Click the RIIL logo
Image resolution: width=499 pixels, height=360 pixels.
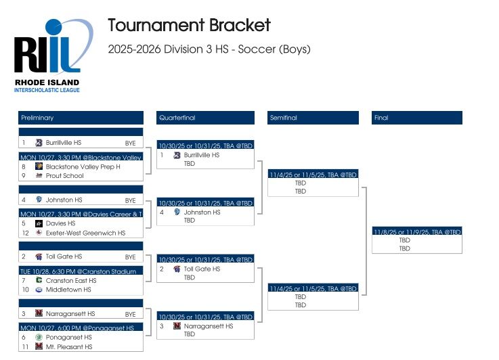coord(52,54)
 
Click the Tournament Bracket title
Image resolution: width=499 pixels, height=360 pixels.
coord(189,26)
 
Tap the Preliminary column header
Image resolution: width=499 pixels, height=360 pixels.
coord(81,118)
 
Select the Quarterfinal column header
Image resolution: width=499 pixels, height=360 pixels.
coord(204,118)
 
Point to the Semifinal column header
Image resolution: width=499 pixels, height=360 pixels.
coord(313,118)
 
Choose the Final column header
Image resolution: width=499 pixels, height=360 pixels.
coord(417,118)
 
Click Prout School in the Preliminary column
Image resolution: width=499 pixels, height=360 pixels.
coord(64,176)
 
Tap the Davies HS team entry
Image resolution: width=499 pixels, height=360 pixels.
coord(60,223)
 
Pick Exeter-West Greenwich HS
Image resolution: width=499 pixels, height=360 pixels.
coord(85,233)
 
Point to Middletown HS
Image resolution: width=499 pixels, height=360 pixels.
coord(68,290)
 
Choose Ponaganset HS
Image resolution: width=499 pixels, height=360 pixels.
coord(68,337)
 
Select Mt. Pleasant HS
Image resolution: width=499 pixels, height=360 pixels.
coord(69,346)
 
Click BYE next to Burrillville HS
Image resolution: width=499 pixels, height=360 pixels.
coord(130,143)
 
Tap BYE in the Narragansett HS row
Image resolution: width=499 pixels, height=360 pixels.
coord(130,314)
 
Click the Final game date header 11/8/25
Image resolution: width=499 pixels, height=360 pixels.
coord(417,231)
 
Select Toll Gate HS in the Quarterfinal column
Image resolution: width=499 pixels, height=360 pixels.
coord(202,269)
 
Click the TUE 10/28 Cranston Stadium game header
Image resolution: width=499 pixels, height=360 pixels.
coord(81,271)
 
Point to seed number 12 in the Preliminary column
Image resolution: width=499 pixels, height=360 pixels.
coord(24,233)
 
